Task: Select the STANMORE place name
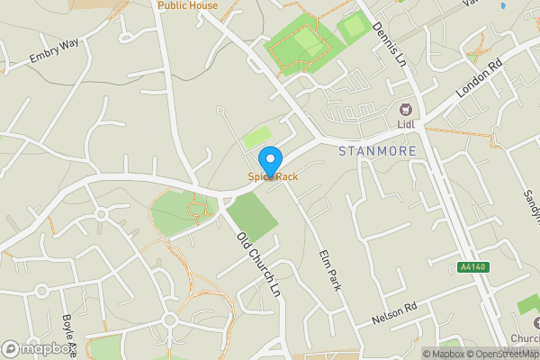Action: (x=378, y=151)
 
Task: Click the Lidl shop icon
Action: (x=405, y=109)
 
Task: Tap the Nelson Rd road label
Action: (x=395, y=315)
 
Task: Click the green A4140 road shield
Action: (x=472, y=267)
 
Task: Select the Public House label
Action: (x=187, y=5)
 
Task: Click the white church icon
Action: (x=535, y=322)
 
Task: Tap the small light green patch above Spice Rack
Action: (x=256, y=137)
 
